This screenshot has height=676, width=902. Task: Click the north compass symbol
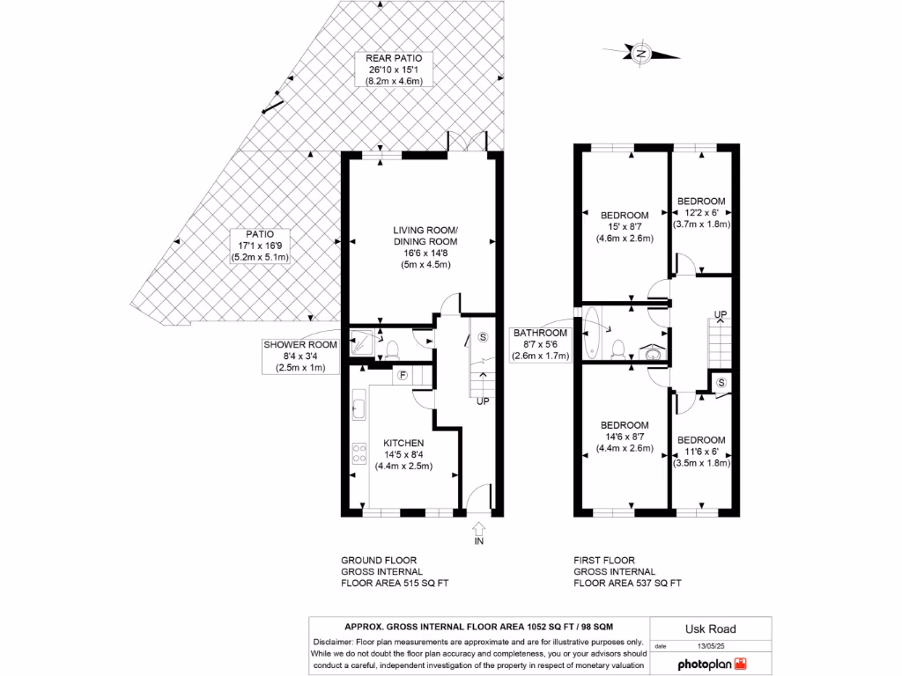643,54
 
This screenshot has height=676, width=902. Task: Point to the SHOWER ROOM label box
300,356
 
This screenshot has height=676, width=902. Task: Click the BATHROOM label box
542,344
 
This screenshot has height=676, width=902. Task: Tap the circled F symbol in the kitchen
403,375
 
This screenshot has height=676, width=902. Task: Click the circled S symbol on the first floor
721,382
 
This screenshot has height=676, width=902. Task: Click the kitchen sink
359,408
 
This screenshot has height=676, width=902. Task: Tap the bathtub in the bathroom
591,334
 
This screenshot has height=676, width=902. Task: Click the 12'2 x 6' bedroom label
701,212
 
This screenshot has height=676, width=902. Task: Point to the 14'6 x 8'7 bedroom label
625,436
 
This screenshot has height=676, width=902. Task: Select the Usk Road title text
710,628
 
